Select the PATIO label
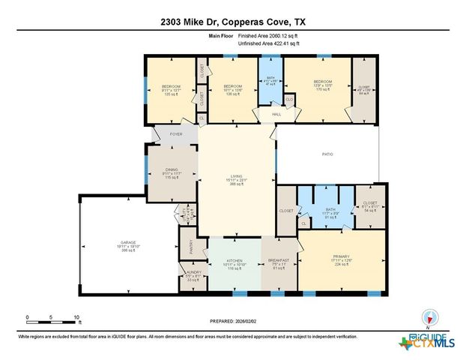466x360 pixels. coord(327,154)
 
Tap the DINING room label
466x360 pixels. coord(172,169)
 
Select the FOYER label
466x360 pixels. coord(176,134)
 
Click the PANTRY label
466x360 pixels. coord(187,243)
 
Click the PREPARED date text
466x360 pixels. coord(234,322)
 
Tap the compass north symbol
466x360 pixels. coord(429,316)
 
